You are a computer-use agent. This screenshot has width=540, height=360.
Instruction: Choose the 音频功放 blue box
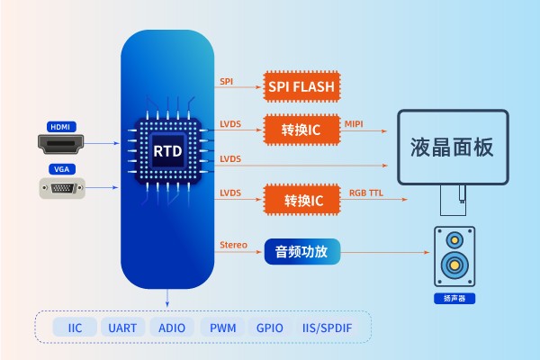[x=302, y=253]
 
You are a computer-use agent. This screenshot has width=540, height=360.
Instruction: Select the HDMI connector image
[x=62, y=141]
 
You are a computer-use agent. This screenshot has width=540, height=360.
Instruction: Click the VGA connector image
[x=62, y=188]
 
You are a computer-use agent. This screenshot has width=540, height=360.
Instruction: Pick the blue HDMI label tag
[x=62, y=125]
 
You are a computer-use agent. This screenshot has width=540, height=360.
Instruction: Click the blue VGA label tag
[x=62, y=169]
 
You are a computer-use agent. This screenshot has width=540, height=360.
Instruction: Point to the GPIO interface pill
[x=270, y=328]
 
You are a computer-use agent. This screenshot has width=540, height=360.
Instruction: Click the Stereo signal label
[x=233, y=245]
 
